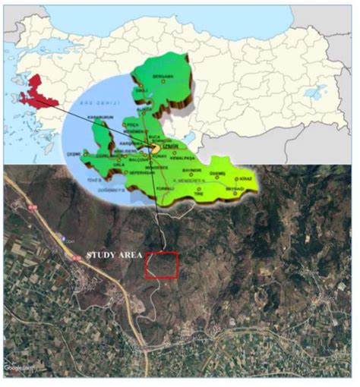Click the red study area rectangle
pos(162,265)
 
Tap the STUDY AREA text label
pos(115,256)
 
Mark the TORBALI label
pos(163,187)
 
